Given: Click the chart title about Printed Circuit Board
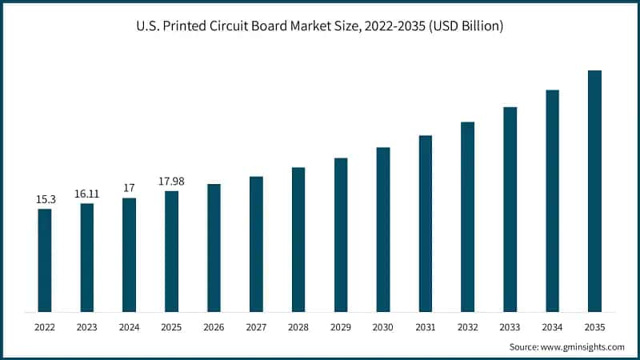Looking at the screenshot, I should (320, 26).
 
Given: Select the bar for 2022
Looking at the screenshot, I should (45, 260).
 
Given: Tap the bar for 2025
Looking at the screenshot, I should (171, 251).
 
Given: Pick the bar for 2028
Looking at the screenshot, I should (298, 239).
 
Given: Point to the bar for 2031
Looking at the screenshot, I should (426, 223).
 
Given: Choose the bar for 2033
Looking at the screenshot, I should (510, 209).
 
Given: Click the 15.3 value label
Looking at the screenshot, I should (45, 198).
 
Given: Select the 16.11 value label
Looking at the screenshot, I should (86, 193).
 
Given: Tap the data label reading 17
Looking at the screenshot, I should (129, 187).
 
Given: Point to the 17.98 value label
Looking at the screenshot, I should (171, 180).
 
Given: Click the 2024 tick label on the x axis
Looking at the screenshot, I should (129, 327).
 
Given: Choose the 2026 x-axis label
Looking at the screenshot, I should (214, 327).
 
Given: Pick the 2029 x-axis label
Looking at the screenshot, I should (341, 327).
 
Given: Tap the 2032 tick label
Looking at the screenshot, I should (467, 327).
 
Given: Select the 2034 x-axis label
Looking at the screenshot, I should (552, 327).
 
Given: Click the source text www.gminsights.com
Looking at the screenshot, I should (566, 346).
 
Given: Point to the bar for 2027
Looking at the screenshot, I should (256, 244).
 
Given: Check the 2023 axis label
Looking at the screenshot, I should (86, 327).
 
